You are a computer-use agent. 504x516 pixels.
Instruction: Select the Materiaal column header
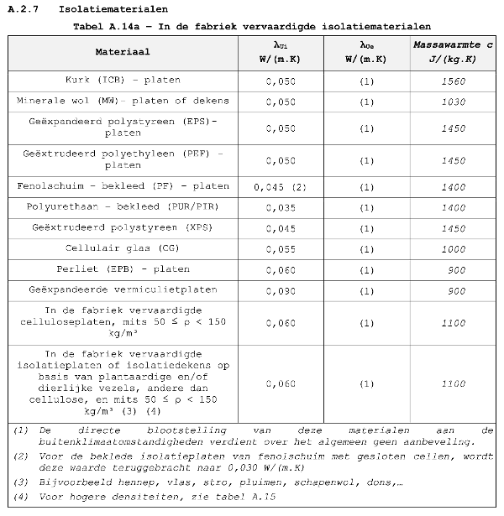pyautogui.click(x=123, y=52)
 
